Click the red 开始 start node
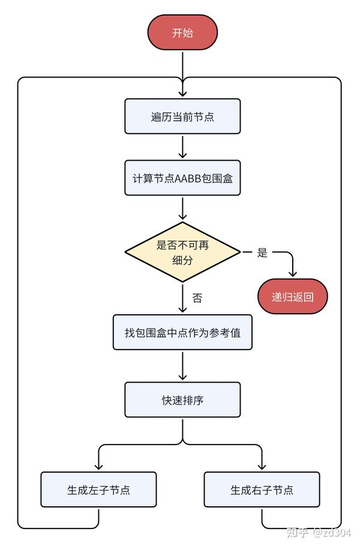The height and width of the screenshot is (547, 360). coord(182,32)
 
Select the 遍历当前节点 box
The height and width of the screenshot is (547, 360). coord(182,116)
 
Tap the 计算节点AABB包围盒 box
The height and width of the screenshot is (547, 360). coord(182,178)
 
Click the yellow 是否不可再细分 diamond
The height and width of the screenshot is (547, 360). coord(182,252)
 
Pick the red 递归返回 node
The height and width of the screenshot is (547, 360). coord(292,296)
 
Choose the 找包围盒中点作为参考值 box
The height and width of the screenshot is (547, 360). coord(182,332)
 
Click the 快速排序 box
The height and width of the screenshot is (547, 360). coord(182,399)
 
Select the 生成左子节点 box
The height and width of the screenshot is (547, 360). coord(98,489)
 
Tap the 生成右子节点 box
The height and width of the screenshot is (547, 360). coord(262,489)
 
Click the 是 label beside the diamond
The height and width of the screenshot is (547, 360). coord(262,253)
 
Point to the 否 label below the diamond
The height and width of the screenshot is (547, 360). coord(197,297)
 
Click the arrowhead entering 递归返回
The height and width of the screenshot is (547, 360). coord(292,274)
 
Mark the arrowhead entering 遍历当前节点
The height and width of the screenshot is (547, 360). coord(182,94)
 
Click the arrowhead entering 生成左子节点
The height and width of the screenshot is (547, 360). coord(98,467)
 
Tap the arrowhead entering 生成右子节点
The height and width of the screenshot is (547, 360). coord(262,467)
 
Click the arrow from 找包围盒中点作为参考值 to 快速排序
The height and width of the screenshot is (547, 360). coord(182,366)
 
